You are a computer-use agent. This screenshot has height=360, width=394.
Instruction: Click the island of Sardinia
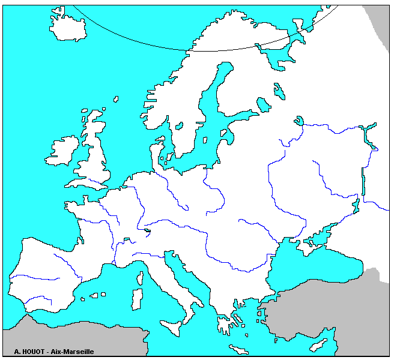(137, 299)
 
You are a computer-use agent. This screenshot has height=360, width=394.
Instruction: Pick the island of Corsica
(140, 278)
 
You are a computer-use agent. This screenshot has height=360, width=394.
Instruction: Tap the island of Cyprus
(318, 344)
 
